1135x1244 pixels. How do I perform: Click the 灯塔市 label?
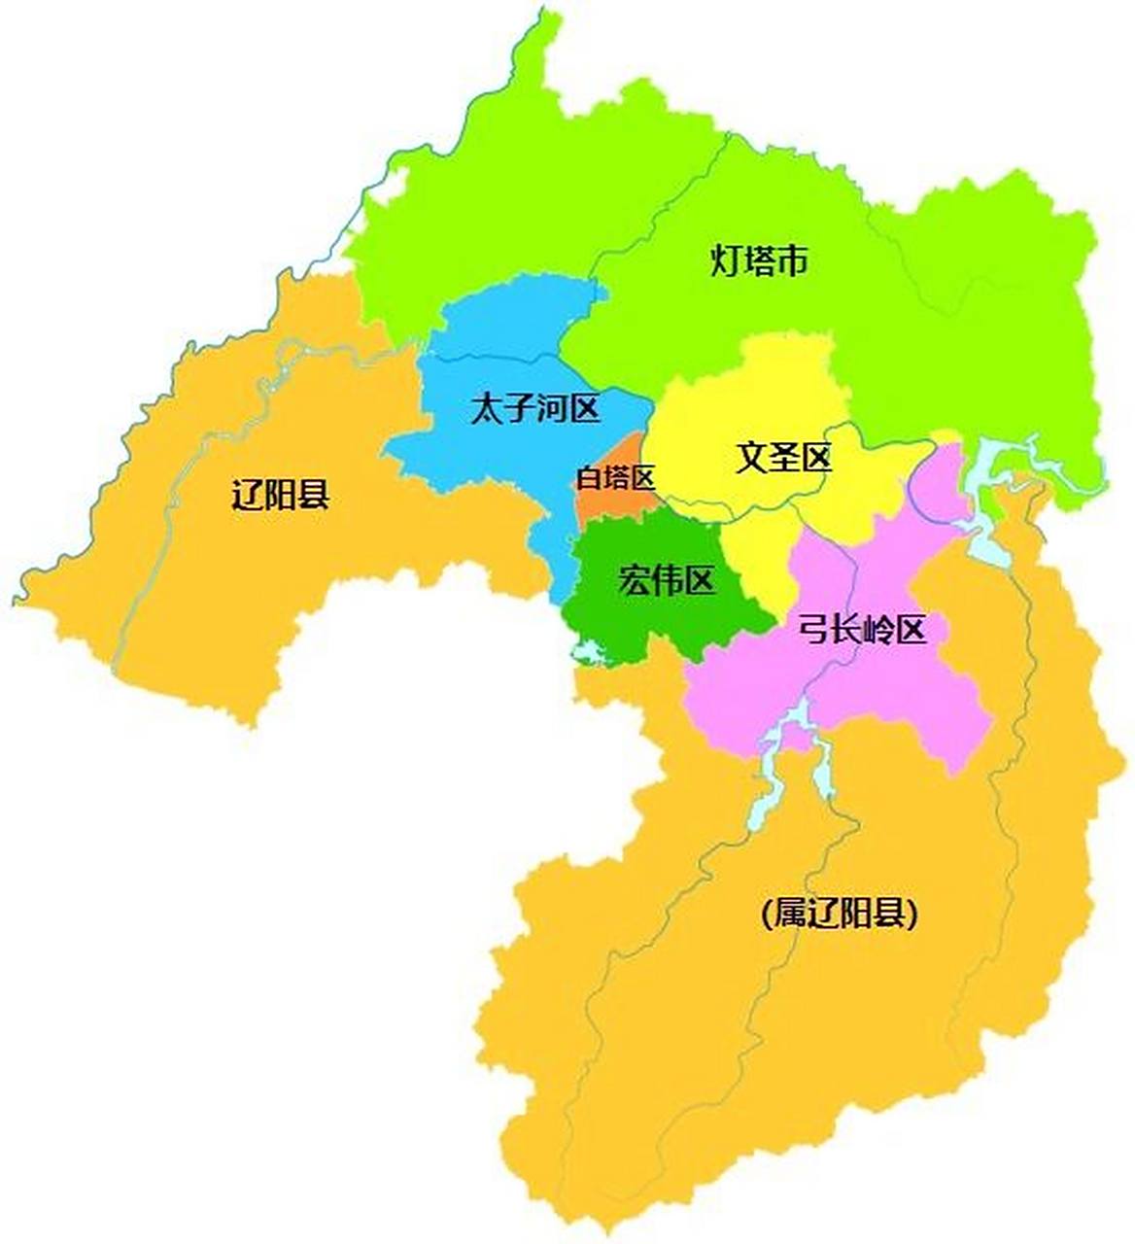759,260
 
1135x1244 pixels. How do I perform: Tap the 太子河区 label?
534,409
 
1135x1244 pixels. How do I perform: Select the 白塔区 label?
616,477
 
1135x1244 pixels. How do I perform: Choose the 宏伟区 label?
667,581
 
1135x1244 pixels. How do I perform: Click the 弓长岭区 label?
862,631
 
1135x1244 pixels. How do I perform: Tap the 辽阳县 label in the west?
281,495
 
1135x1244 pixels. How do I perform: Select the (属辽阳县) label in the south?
840,914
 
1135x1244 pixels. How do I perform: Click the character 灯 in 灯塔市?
726,260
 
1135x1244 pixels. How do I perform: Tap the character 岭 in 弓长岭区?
878,631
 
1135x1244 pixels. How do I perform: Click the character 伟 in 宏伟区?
667,581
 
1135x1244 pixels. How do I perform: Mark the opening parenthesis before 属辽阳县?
768,915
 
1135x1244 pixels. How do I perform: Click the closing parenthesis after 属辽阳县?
911,915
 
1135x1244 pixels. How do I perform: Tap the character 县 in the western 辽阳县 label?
314,495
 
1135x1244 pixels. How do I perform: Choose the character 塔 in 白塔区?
616,477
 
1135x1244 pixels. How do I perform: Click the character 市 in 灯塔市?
792,260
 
